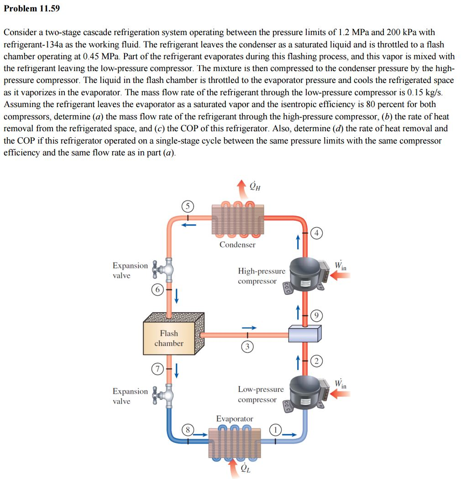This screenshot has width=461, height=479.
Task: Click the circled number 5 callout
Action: [188, 206]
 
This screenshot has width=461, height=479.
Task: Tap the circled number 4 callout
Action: [316, 233]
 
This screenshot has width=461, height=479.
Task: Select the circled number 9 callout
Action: [316, 315]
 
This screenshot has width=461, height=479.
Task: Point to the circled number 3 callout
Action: [247, 346]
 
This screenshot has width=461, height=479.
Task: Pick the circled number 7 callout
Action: [157, 369]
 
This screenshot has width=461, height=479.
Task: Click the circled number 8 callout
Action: [188, 430]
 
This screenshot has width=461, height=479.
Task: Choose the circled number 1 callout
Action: [275, 430]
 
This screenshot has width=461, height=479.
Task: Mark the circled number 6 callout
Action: [157, 289]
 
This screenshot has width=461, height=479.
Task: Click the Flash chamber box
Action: [173, 334]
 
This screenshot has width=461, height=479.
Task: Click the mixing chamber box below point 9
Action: [305, 333]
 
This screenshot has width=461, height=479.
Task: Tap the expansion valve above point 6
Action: [163, 269]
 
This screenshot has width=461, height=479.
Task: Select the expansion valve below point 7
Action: [163, 395]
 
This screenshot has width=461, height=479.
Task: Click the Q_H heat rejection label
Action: [255, 186]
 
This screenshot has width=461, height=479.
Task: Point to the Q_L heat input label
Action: [246, 468]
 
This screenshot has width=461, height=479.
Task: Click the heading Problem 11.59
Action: [32, 8]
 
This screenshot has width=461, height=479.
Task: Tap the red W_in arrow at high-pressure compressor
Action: [341, 276]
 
